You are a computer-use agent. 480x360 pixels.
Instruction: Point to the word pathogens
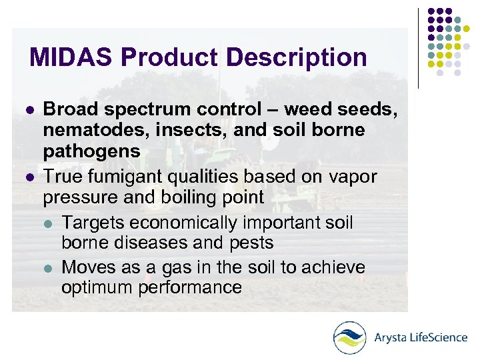click(91, 151)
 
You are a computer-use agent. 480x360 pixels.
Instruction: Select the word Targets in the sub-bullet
click(93, 222)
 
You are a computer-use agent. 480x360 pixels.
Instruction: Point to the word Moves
click(89, 267)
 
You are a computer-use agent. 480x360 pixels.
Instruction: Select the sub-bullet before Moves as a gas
click(47, 268)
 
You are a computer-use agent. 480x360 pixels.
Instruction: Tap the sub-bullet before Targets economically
click(47, 223)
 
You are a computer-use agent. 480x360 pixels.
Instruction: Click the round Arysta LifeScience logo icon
click(350, 337)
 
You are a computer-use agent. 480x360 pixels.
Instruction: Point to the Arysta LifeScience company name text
click(421, 337)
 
